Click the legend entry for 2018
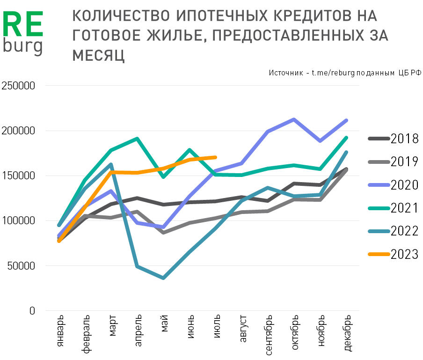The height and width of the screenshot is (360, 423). (x=404, y=139)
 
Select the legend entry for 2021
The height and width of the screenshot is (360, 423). (x=404, y=208)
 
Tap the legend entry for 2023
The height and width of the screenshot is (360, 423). (x=404, y=254)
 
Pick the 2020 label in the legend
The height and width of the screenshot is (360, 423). (x=404, y=185)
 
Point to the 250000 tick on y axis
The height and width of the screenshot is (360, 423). (x=18, y=86)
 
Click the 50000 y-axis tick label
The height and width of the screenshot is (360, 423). (x=21, y=266)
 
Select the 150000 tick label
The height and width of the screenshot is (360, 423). (x=18, y=176)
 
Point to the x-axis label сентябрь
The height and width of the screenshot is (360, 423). (x=268, y=335)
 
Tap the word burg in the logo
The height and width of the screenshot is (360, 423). (x=22, y=46)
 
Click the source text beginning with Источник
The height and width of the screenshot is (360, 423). (x=345, y=73)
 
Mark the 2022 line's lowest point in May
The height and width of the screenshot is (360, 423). (x=163, y=278)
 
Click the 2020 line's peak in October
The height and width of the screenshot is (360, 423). (x=293, y=119)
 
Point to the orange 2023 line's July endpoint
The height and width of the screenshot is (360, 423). (x=215, y=157)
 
